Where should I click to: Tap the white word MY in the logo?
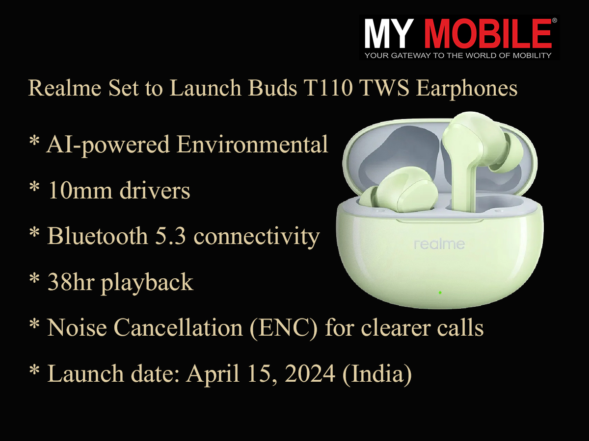[x=389, y=34]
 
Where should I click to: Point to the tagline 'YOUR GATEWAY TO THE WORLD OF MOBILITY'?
[x=458, y=55]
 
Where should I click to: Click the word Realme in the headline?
[x=65, y=88]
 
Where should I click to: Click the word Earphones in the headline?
[x=466, y=89]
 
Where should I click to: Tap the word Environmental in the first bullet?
[x=252, y=145]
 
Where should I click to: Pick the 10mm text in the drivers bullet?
[x=80, y=191]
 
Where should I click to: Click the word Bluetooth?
[x=97, y=236]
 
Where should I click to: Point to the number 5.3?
[x=171, y=236]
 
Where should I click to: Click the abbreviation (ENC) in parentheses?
[x=283, y=328]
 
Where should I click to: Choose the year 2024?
[x=310, y=374]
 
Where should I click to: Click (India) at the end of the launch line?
[x=377, y=374]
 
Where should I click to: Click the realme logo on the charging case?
[x=439, y=244]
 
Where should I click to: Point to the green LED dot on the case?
[x=440, y=293]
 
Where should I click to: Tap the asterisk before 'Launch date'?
[x=34, y=370]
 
